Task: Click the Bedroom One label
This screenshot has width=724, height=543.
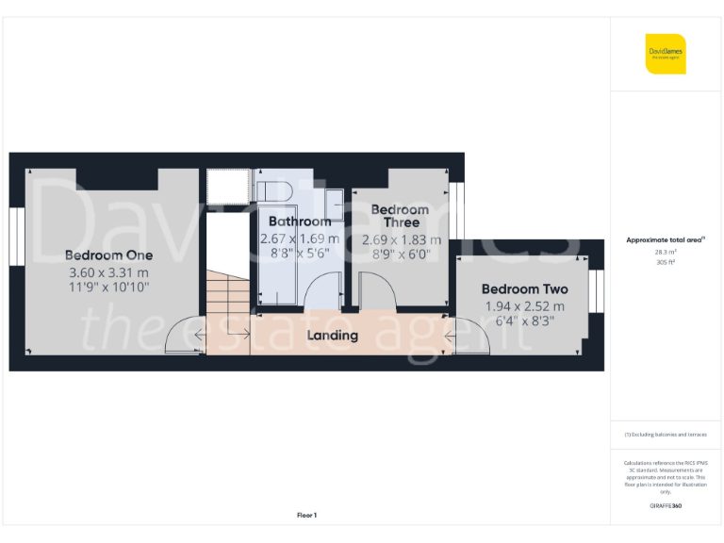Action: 108,255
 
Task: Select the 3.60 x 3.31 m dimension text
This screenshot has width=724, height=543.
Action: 108,272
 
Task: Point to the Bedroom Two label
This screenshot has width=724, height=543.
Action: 524,289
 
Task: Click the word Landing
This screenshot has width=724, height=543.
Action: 333,335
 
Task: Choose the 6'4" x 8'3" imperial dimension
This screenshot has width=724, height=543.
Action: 524,321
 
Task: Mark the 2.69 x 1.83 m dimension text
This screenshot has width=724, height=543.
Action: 401,240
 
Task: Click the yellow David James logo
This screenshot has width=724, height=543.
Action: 666,54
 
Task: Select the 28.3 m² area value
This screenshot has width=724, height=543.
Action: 665,253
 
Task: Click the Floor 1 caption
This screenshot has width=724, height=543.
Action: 306,515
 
